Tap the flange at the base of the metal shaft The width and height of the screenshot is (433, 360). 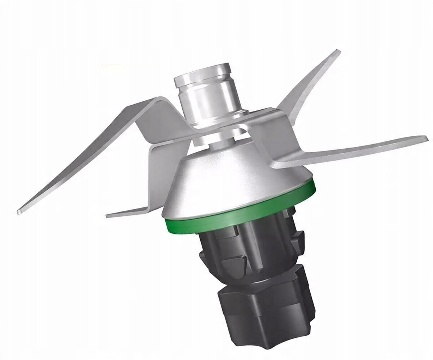[216, 122]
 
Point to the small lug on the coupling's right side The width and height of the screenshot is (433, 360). [299, 238]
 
